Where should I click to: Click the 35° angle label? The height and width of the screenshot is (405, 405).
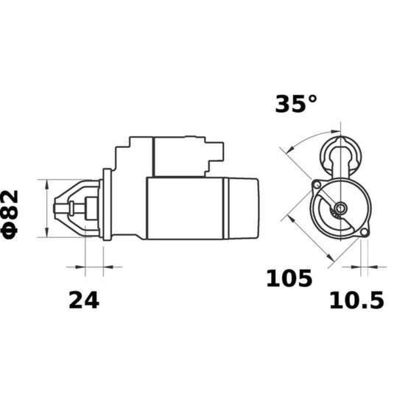pyautogui.click(x=296, y=104)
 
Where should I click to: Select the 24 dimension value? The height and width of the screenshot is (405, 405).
pyautogui.click(x=84, y=300)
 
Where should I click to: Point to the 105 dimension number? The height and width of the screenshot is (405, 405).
pyautogui.click(x=289, y=278)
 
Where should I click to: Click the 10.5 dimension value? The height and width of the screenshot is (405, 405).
pyautogui.click(x=356, y=300)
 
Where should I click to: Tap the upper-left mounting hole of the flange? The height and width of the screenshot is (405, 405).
pyautogui.click(x=317, y=185)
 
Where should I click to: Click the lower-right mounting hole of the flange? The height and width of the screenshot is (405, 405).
pyautogui.click(x=364, y=232)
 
